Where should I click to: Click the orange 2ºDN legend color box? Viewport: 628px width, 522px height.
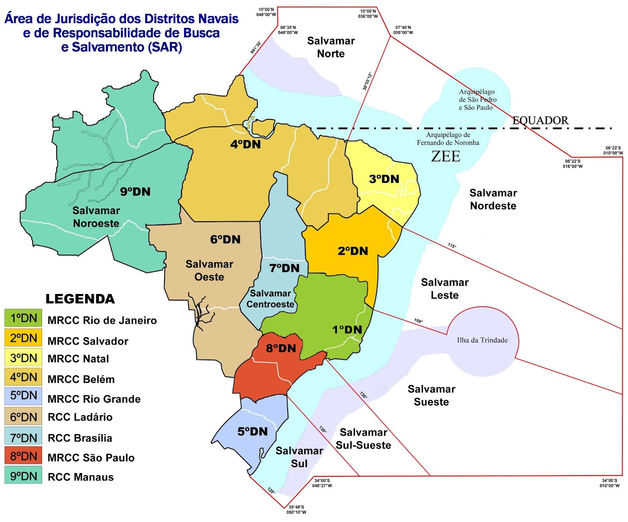click(x=23, y=338)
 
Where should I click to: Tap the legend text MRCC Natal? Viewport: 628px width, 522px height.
click(x=78, y=359)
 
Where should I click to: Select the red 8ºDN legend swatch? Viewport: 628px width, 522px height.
click(x=23, y=456)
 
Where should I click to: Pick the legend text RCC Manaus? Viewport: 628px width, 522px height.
click(x=80, y=477)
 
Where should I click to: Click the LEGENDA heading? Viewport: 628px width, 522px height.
click(x=80, y=299)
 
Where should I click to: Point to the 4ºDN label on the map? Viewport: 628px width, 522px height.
click(x=245, y=144)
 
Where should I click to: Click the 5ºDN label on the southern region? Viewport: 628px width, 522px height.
click(x=252, y=432)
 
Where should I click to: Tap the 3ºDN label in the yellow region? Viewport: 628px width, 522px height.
click(x=384, y=179)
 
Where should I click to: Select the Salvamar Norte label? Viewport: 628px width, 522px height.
click(x=331, y=47)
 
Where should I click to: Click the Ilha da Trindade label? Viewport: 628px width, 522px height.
click(x=482, y=340)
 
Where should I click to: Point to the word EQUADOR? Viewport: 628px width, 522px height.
click(x=540, y=120)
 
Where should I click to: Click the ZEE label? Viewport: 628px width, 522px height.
click(x=445, y=157)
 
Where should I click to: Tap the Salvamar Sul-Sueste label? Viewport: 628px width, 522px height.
click(x=363, y=439)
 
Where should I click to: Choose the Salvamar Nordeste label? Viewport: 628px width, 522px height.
click(x=493, y=199)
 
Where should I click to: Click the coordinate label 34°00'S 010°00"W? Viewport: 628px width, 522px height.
click(x=609, y=483)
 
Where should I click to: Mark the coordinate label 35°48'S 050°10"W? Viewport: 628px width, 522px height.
click(x=296, y=509)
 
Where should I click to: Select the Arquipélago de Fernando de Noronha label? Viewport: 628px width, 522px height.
click(x=448, y=139)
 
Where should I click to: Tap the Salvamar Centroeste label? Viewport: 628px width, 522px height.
click(x=270, y=299)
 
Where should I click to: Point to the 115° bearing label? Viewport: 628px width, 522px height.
click(x=452, y=246)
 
